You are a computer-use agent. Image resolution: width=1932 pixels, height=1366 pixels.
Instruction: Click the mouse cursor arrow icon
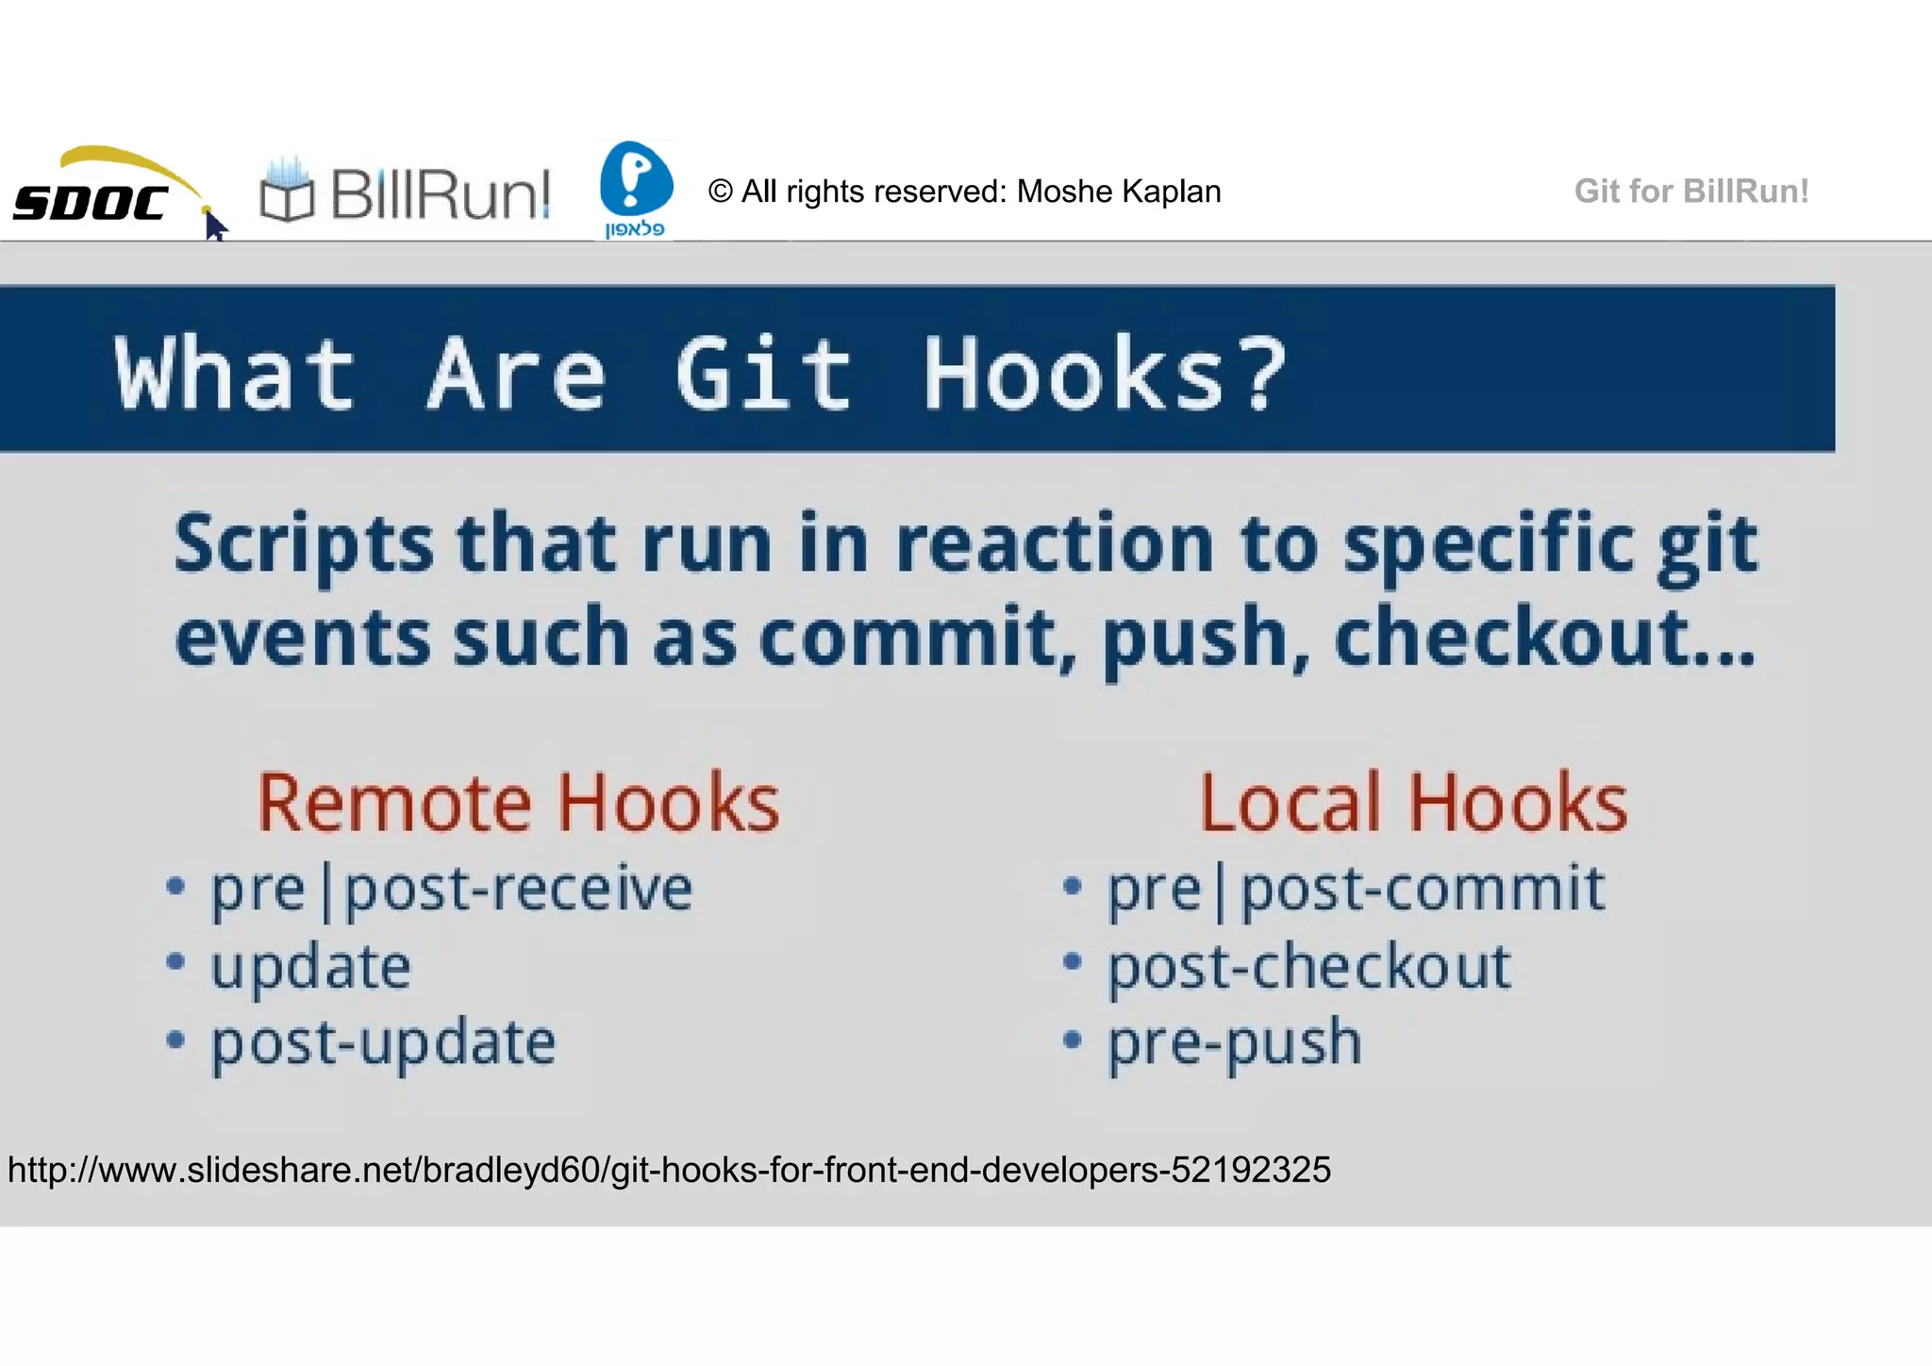pos(215,227)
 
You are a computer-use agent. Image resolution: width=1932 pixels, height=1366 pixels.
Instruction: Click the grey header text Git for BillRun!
pos(1690,192)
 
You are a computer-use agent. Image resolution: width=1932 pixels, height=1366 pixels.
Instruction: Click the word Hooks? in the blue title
pos(1104,375)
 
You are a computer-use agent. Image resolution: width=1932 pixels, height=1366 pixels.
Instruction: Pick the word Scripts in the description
pos(304,545)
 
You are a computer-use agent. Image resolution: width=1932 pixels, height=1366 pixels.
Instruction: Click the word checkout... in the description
pos(1544,639)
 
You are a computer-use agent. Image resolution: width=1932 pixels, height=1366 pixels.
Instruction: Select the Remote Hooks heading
pos(518,803)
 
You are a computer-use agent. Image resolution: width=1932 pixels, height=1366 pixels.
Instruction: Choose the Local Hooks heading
pos(1412,803)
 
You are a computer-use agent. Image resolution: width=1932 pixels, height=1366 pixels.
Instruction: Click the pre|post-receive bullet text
pos(451,890)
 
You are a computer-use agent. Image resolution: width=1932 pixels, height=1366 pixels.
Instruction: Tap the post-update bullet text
pos(383,1043)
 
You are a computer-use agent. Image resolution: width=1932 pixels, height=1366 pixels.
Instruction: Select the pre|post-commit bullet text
pos(1355,890)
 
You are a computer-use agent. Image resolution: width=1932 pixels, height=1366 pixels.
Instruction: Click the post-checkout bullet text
pos(1308,968)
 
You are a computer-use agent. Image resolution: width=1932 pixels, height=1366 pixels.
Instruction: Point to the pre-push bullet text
pos(1234,1043)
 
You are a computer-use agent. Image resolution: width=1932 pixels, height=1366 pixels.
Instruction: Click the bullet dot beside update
pos(175,962)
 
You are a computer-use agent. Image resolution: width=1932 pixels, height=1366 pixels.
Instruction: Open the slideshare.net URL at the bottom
pos(669,1170)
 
